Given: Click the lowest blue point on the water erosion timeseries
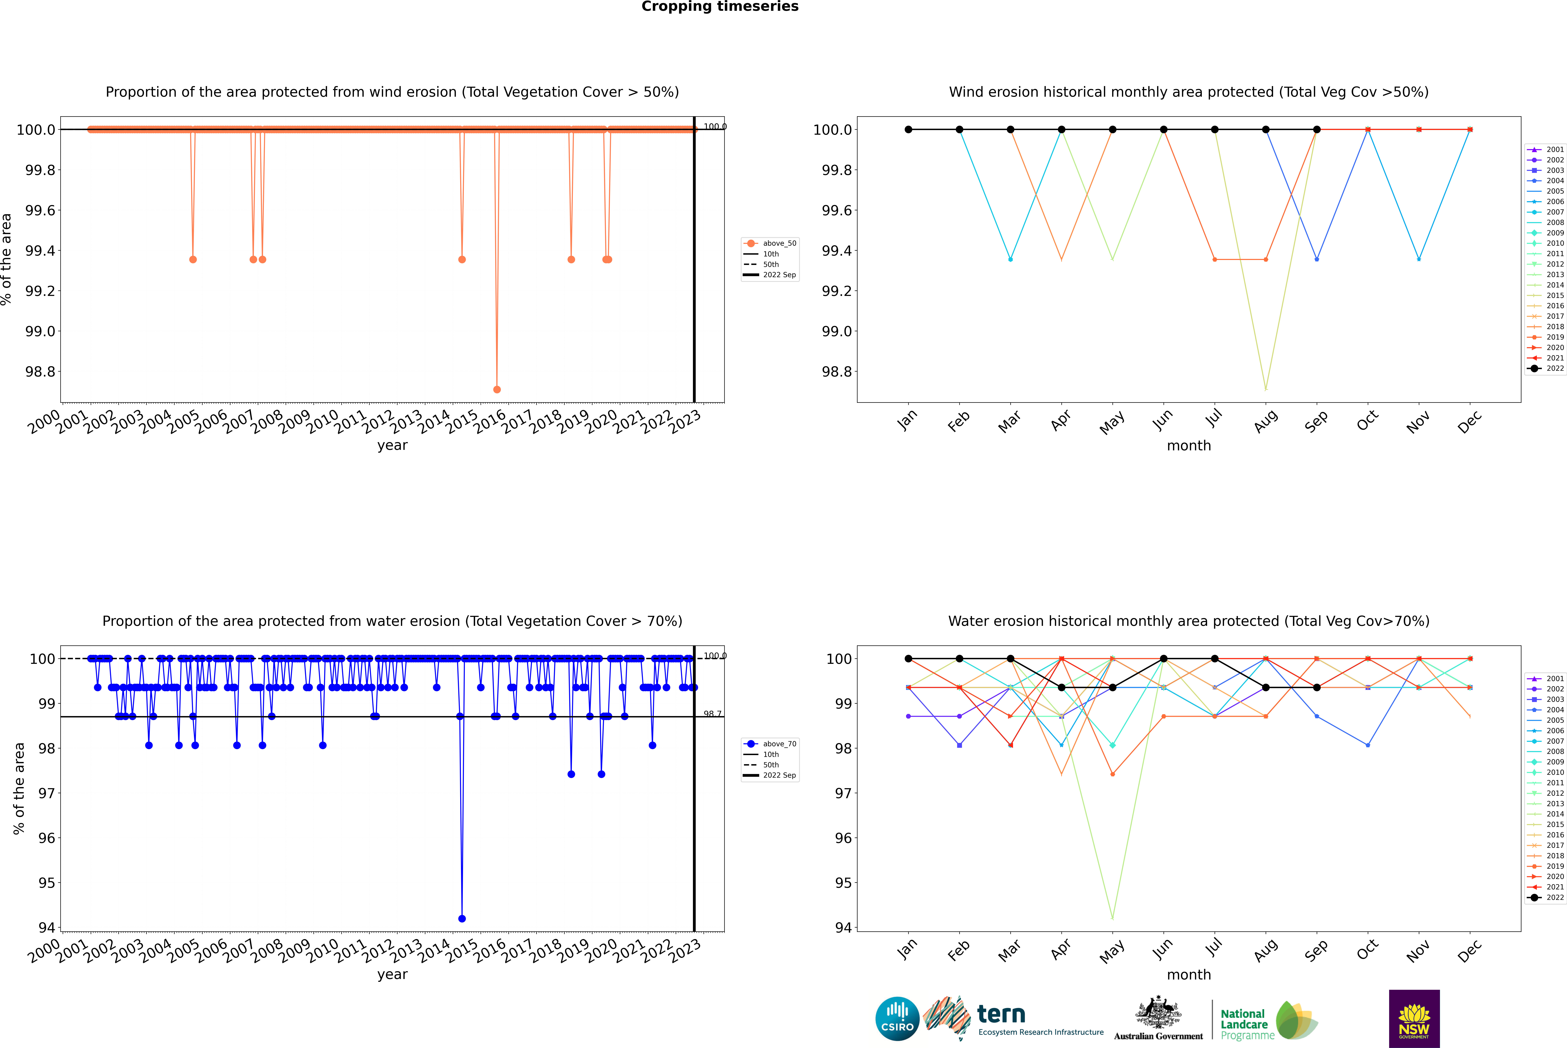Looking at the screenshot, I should point(461,918).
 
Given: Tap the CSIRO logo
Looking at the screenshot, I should point(897,1019).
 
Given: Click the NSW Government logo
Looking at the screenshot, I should point(1414,1019).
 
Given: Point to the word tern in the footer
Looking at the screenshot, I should point(1001,1014).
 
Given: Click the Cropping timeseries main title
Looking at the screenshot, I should point(719,7).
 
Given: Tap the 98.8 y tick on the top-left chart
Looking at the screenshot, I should point(40,372).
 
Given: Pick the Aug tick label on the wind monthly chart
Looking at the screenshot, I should point(1266,422).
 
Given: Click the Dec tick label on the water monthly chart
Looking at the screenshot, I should point(1470,951).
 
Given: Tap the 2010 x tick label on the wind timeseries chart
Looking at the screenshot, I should point(323,422).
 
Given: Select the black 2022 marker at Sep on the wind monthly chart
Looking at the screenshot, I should point(1317,130).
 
